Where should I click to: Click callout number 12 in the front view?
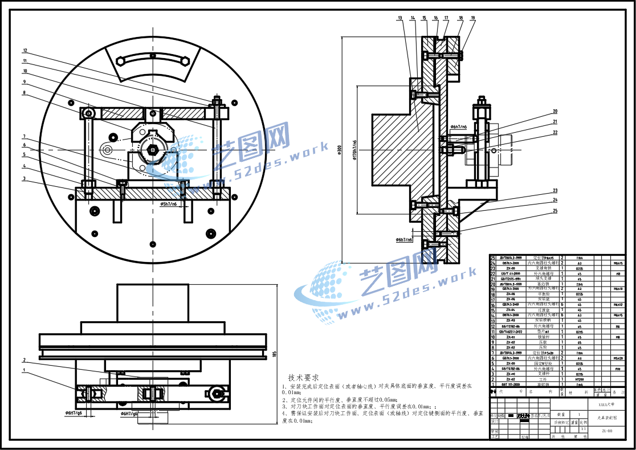25,50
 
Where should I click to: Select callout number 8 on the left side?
25,92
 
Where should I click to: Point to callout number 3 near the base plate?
25,178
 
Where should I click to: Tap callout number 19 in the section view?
472,18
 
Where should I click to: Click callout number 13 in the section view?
400,18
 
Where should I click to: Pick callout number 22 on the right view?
555,133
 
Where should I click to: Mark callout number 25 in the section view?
555,211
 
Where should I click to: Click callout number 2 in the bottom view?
25,360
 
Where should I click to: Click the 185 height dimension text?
275,354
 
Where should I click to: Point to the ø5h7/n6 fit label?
169,203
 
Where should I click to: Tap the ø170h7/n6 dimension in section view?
354,150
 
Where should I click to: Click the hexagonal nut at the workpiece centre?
153,149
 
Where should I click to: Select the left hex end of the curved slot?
120,61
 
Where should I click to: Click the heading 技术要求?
303,377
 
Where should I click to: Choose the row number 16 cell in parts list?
494,305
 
